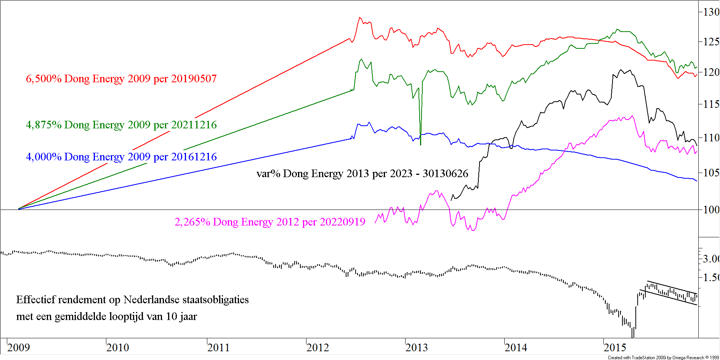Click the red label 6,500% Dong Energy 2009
click(121, 79)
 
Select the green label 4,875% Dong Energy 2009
click(121, 125)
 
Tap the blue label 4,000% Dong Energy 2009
click(121, 157)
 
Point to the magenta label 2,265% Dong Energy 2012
click(270, 222)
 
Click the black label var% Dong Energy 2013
click(362, 174)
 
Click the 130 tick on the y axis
click(711, 12)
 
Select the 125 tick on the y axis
click(711, 42)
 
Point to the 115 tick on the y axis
click(711, 104)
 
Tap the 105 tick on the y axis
click(711, 173)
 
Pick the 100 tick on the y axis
click(711, 210)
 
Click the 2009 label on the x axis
click(18, 347)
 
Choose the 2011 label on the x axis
click(218, 347)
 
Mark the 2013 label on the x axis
click(417, 347)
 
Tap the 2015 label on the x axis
click(615, 347)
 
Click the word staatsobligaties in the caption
click(212, 300)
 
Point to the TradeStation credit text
click(663, 357)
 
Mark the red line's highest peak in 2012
click(359, 18)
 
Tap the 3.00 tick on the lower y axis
click(711, 259)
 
